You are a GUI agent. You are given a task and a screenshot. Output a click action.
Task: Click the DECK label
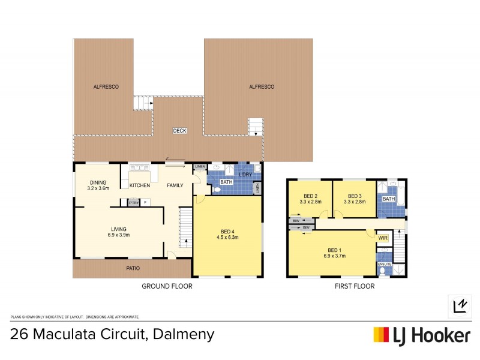(x=179, y=131)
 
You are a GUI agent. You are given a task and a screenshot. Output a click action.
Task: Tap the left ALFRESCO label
(x=106, y=87)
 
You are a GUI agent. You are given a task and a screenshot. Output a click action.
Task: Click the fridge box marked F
(x=145, y=203)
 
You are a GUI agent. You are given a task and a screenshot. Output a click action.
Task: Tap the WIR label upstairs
(x=383, y=238)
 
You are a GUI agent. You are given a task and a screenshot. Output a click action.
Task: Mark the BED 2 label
(x=310, y=196)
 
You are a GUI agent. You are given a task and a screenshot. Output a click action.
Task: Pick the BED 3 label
(x=355, y=196)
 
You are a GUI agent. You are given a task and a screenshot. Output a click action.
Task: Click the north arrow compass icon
(x=460, y=306)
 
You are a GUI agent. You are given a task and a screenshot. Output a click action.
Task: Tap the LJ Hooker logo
(x=422, y=335)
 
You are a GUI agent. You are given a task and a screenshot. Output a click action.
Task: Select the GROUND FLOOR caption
(x=167, y=287)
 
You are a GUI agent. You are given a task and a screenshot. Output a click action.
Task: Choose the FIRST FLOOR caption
(x=354, y=287)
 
